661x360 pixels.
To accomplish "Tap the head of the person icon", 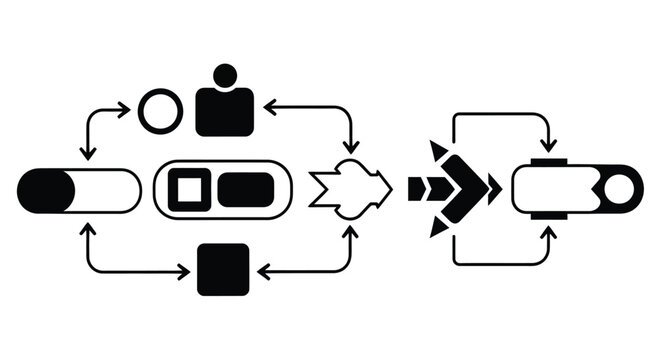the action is [x=226, y=75].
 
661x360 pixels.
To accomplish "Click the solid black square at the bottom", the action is [x=223, y=269].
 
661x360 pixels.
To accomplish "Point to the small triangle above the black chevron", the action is [x=437, y=151].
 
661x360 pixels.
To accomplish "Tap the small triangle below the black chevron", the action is [x=437, y=227].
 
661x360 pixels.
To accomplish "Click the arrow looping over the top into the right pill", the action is [x=500, y=114].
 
